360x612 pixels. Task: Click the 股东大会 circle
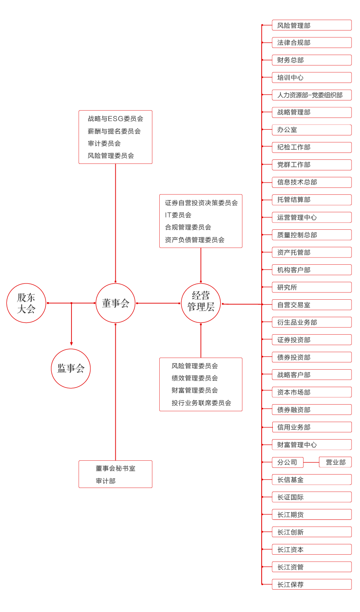[26, 303]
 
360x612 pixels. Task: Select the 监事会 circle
[71, 368]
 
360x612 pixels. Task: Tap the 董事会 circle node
[115, 303]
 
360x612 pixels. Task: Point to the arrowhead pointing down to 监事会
[71, 344]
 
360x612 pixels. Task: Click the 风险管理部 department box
[311, 25]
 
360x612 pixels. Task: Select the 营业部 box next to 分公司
[335, 462]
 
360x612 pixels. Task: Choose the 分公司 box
[287, 462]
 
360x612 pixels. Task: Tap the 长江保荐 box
[311, 584]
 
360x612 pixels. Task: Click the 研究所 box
[311, 287]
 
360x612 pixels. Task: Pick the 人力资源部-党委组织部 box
[311, 95]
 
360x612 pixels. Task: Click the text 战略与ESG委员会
[115, 119]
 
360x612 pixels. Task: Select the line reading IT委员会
[178, 215]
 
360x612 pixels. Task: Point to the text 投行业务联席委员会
[201, 403]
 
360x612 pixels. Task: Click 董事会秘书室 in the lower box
[115, 468]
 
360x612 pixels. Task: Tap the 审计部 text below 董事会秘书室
[106, 481]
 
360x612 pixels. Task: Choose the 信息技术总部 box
[311, 182]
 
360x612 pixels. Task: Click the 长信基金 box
[311, 480]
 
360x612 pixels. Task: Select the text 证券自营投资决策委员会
[201, 203]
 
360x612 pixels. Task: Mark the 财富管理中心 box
[311, 445]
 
